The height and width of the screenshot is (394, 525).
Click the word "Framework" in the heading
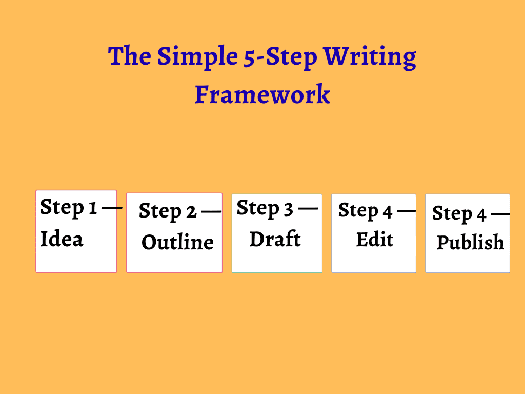tap(262, 94)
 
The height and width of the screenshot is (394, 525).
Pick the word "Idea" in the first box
tap(62, 239)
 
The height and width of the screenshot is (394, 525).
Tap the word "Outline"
tap(177, 242)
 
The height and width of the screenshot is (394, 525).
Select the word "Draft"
tap(275, 239)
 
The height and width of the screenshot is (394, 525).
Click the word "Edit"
tap(375, 240)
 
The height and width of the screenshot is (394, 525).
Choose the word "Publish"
tap(470, 242)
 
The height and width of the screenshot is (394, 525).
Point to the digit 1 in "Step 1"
tap(92, 208)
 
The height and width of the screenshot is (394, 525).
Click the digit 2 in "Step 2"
tap(191, 211)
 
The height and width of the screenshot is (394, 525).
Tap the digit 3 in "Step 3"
tap(289, 209)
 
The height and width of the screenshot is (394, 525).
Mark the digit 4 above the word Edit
tap(387, 211)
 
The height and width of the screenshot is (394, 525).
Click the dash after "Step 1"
tap(112, 208)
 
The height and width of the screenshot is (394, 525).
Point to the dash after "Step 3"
tap(308, 208)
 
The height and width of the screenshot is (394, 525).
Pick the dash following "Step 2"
tap(211, 211)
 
